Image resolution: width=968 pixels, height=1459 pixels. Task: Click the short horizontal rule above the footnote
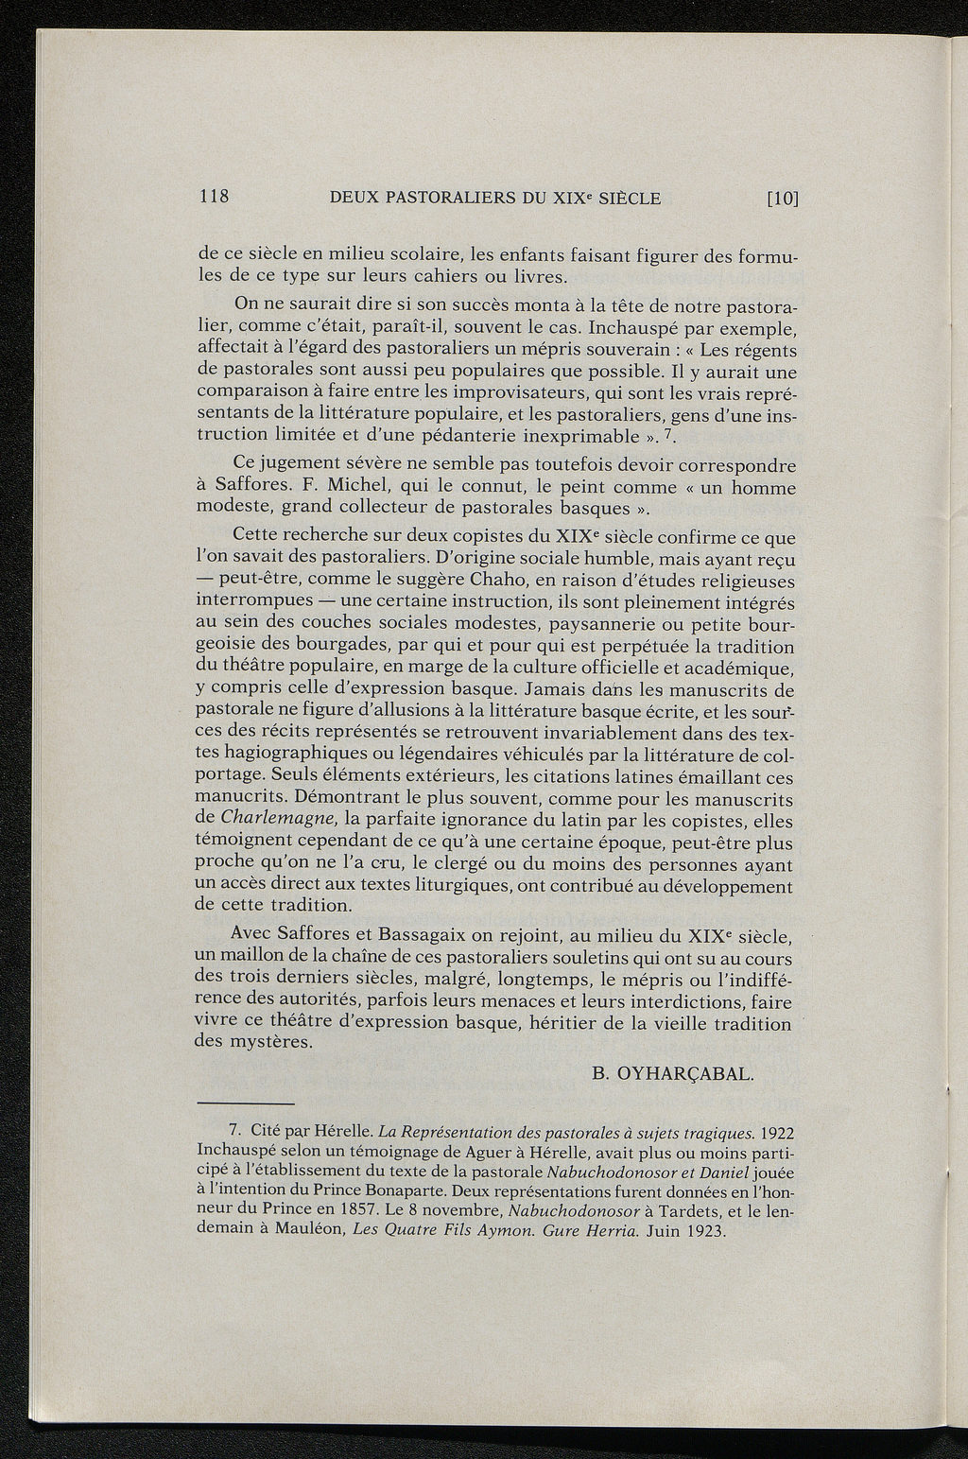(x=246, y=1103)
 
